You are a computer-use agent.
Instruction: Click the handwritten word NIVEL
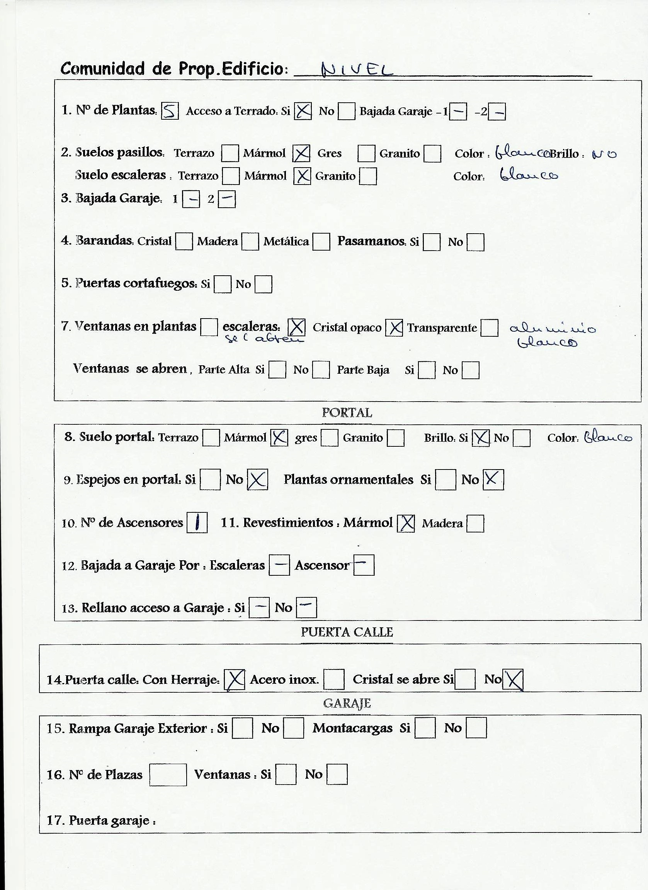(x=357, y=70)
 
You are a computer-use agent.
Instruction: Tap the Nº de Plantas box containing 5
(x=170, y=111)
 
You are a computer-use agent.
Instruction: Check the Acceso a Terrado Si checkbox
(x=303, y=111)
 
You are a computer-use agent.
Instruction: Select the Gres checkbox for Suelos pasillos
(x=366, y=153)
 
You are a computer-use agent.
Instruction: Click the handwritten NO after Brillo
(x=604, y=154)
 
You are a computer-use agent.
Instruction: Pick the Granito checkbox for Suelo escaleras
(x=368, y=176)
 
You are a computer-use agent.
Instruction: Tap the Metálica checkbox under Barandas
(x=321, y=242)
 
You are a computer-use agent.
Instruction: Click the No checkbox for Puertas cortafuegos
(x=263, y=285)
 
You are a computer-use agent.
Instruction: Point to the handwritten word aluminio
(x=552, y=328)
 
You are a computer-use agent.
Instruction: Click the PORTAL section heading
(x=347, y=413)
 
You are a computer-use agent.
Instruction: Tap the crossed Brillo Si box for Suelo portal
(x=481, y=438)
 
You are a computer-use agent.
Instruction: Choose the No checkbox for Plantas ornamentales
(x=493, y=480)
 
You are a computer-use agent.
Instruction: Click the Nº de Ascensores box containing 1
(x=197, y=523)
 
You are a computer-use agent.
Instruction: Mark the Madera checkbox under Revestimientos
(x=475, y=524)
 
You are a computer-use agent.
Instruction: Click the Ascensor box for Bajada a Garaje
(x=364, y=565)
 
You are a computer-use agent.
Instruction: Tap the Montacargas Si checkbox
(x=425, y=728)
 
